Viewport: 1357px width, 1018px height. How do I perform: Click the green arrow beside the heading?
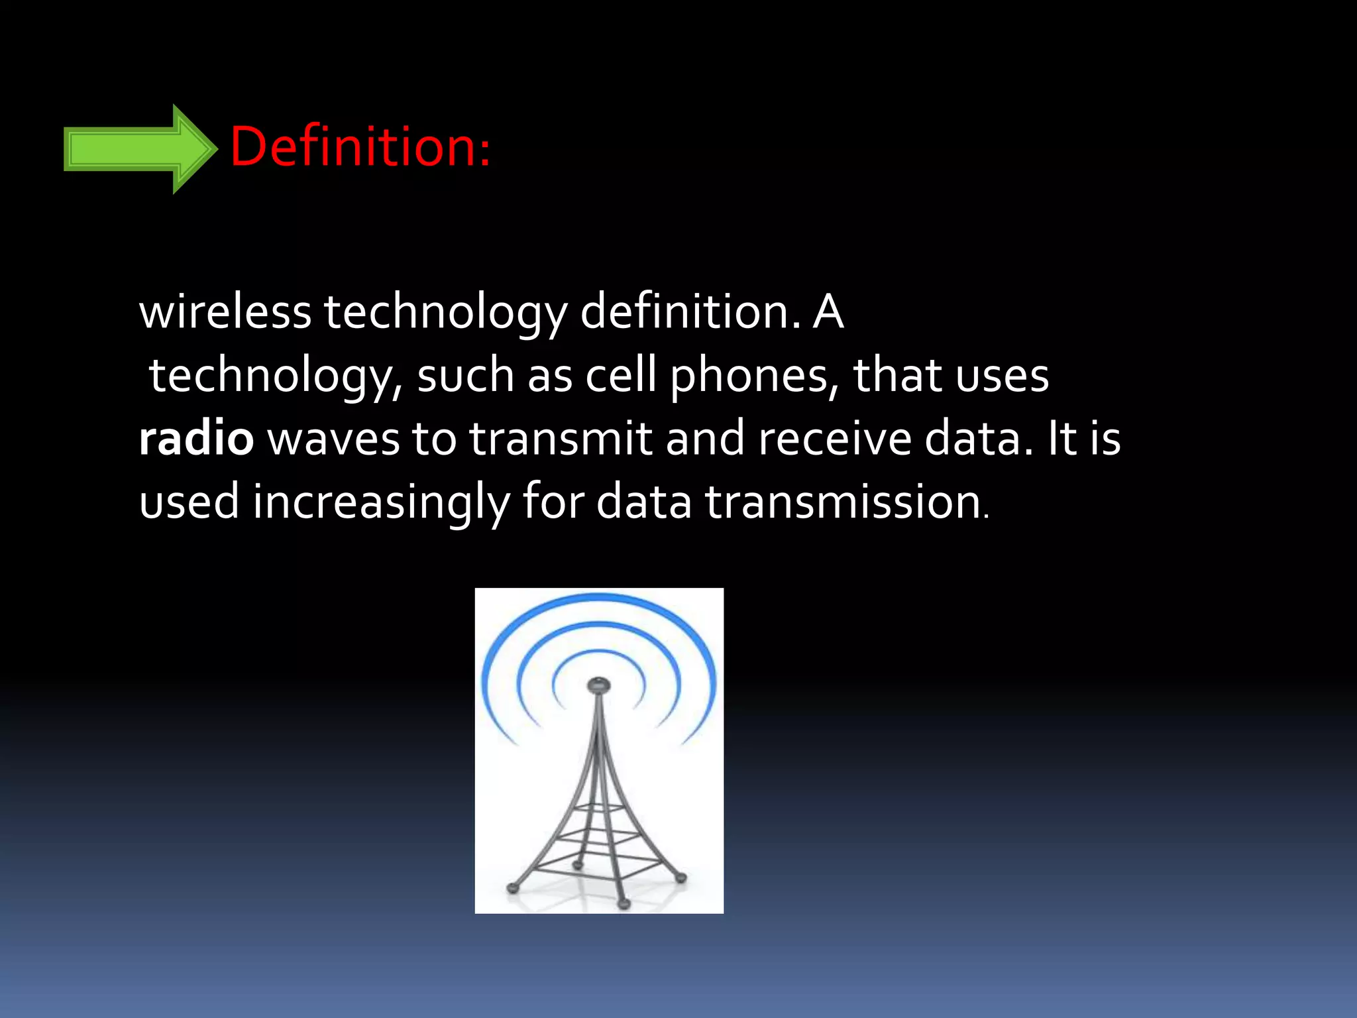coord(139,148)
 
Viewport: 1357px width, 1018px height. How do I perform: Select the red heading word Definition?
coord(359,146)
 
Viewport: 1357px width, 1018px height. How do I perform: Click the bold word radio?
coord(196,439)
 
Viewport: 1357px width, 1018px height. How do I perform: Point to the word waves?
coord(333,439)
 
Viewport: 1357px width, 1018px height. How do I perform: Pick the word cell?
coord(621,375)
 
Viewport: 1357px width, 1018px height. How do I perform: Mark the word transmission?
coord(843,502)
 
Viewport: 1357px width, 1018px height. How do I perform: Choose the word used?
coord(189,502)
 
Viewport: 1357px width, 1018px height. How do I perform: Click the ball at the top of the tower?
coord(599,683)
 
